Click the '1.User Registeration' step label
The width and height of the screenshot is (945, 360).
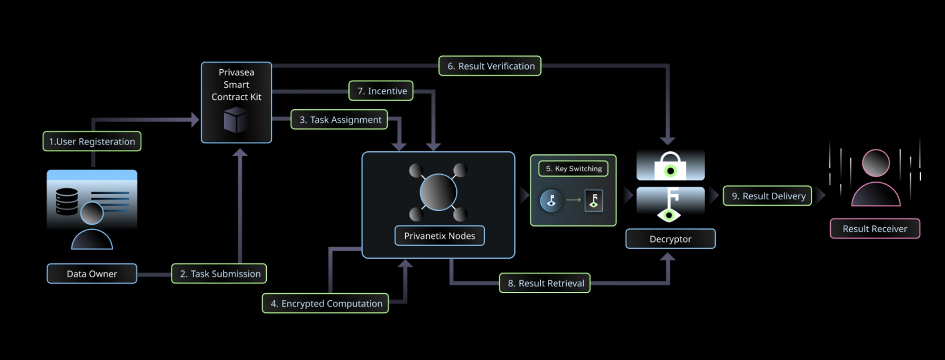click(92, 141)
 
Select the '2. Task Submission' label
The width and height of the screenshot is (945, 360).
click(219, 274)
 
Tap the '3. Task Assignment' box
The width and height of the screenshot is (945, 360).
click(339, 120)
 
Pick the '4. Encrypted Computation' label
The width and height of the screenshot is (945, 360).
click(325, 303)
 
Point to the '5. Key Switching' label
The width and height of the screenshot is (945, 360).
click(573, 169)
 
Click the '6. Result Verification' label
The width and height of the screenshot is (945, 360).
click(490, 66)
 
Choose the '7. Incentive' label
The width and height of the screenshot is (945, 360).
click(381, 91)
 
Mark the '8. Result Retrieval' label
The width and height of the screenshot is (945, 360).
click(545, 283)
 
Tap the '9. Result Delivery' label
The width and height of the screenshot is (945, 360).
click(767, 196)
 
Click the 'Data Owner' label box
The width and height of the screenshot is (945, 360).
click(92, 274)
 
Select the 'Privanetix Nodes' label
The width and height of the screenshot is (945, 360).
click(440, 236)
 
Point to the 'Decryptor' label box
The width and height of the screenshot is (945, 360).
click(670, 239)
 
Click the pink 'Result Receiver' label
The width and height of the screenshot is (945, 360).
click(875, 229)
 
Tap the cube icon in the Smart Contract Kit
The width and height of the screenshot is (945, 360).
click(236, 120)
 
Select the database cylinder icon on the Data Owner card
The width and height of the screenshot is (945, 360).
click(67, 201)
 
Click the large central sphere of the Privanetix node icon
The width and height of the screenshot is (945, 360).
click(438, 192)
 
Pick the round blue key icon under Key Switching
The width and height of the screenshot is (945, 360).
click(551, 201)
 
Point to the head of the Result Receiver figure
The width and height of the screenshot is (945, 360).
click(876, 163)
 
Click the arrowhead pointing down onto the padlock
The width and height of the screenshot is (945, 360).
click(667, 141)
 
